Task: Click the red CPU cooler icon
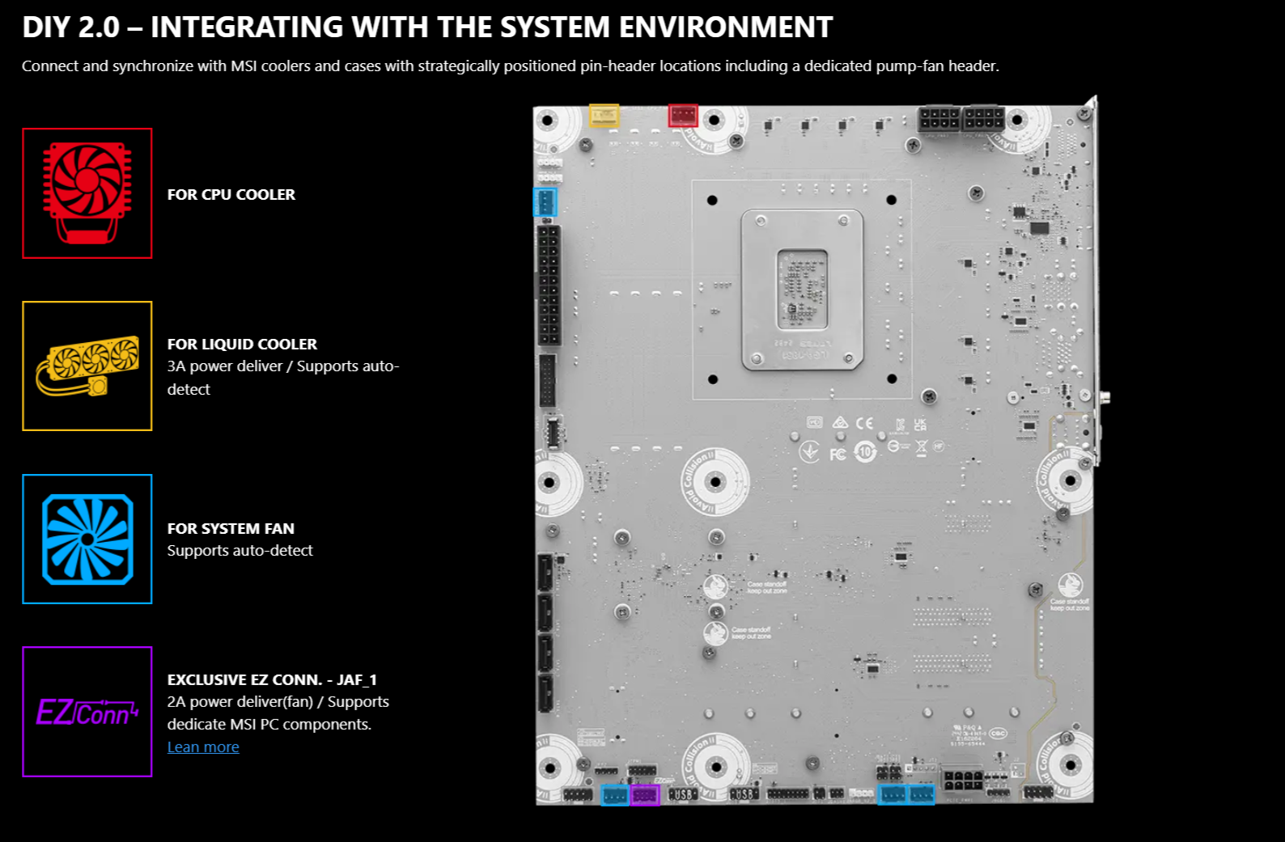[x=87, y=193]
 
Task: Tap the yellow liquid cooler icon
[x=87, y=366]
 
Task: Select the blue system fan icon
[x=87, y=539]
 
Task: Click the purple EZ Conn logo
[x=87, y=712]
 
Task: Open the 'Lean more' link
[x=203, y=747]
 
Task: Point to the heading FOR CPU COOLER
[x=231, y=195]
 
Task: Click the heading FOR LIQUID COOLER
[x=242, y=345]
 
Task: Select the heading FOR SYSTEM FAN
[x=231, y=529]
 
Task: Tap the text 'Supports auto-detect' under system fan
[x=240, y=551]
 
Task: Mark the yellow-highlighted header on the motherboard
[x=604, y=116]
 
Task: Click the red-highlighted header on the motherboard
[x=683, y=116]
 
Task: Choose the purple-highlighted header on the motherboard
[x=644, y=795]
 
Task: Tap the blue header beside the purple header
[x=615, y=795]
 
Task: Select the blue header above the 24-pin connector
[x=545, y=201]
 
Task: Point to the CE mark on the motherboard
[x=864, y=423]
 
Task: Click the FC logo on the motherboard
[x=838, y=454]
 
